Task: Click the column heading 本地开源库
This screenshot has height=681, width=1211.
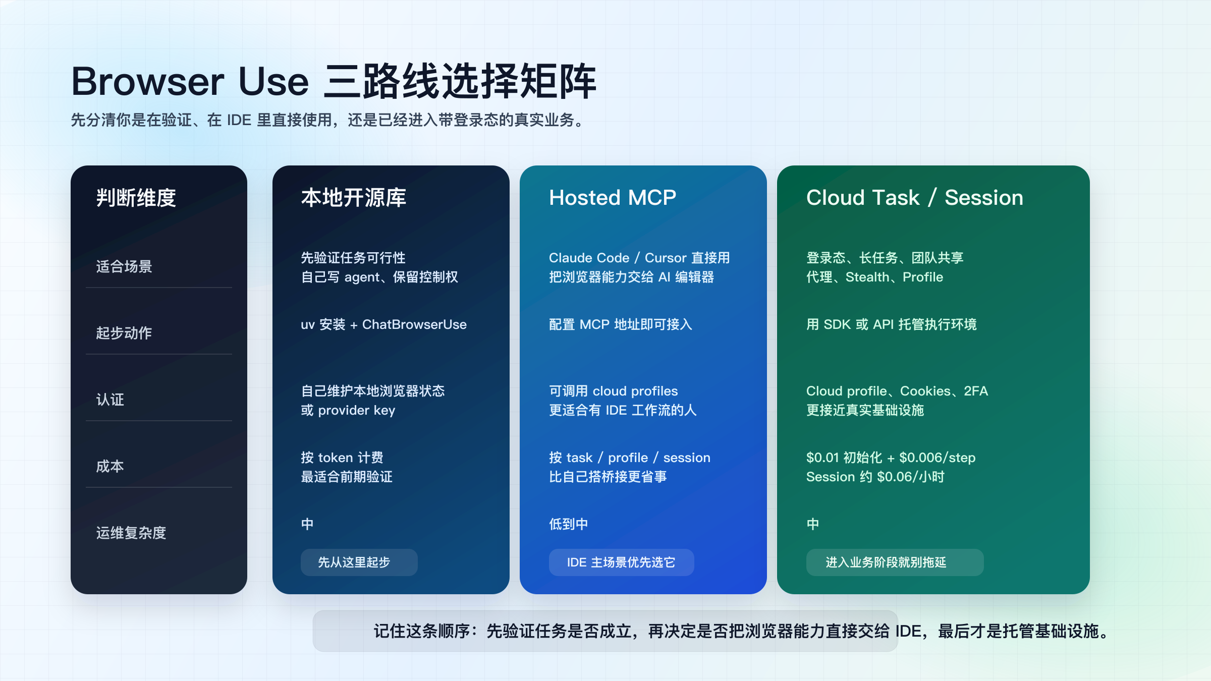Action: pos(353,197)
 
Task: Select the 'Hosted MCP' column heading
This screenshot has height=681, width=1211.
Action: pos(612,197)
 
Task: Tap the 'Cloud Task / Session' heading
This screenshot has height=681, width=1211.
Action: pos(914,197)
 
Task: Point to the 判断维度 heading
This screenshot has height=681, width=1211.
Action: pos(136,197)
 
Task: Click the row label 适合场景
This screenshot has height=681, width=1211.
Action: pos(124,266)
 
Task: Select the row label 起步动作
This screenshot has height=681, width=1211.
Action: pos(124,333)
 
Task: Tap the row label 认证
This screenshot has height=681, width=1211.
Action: pos(110,400)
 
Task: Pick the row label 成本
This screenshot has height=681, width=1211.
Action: pos(110,466)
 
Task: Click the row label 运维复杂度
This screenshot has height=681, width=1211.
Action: pos(131,533)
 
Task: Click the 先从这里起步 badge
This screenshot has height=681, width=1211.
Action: pos(359,562)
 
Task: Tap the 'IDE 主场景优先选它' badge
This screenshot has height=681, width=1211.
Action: pos(621,562)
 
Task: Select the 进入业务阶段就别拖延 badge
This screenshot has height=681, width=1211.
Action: pos(895,562)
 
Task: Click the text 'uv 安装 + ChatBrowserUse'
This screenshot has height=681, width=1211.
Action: pos(383,324)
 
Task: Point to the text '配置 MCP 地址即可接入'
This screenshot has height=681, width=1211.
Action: pos(621,324)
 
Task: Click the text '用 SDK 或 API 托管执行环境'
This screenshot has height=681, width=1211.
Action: pos(891,324)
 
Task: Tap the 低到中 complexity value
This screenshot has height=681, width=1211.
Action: pos(569,524)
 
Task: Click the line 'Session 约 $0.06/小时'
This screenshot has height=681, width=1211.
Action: pos(875,477)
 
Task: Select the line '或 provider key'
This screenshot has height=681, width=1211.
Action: pos(348,410)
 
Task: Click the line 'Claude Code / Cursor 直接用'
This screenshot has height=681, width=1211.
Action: pos(639,258)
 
